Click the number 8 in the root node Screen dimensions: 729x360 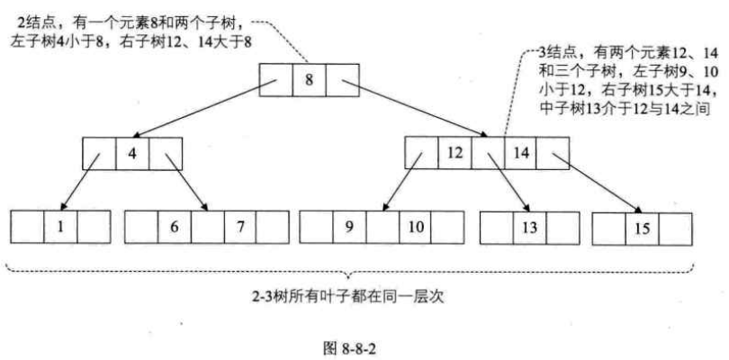pos(309,80)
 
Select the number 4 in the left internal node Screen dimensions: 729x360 pos(131,153)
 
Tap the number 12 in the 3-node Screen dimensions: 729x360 pos(454,153)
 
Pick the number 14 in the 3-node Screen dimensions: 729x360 pos(521,153)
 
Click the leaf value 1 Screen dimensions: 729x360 pos(59,227)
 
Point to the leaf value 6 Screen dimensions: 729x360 pos(174,227)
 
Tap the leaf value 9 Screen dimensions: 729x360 pos(349,227)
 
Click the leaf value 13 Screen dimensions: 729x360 pos(528,227)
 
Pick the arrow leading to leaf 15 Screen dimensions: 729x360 pos(598,184)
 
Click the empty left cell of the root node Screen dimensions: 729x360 pos(275,80)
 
